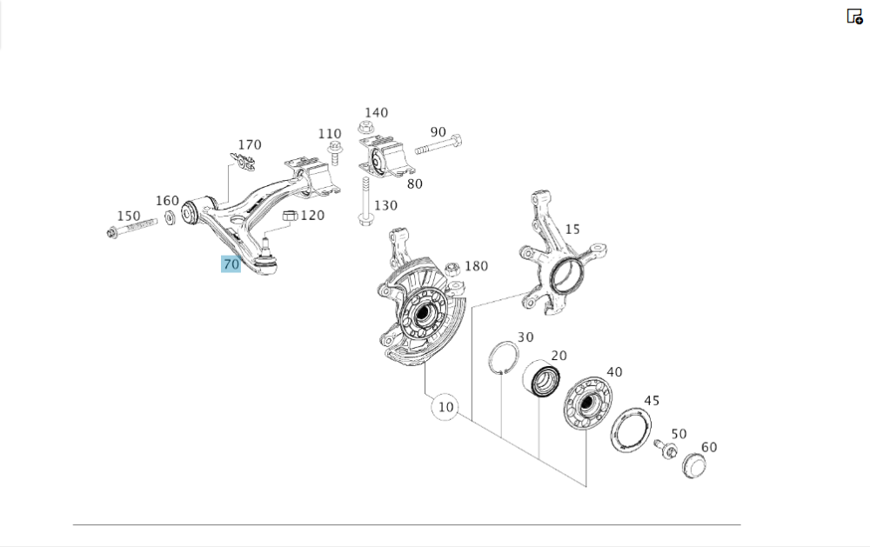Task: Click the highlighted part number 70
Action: click(231, 264)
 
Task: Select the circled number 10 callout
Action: click(445, 406)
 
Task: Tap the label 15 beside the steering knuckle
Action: click(572, 229)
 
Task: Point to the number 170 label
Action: click(250, 144)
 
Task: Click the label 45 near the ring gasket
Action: click(652, 400)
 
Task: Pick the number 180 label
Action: click(477, 266)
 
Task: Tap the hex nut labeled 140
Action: click(365, 128)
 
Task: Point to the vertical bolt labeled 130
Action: click(362, 202)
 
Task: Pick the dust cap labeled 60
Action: click(693, 464)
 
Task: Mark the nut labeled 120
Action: click(290, 216)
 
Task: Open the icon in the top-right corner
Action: click(854, 16)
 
